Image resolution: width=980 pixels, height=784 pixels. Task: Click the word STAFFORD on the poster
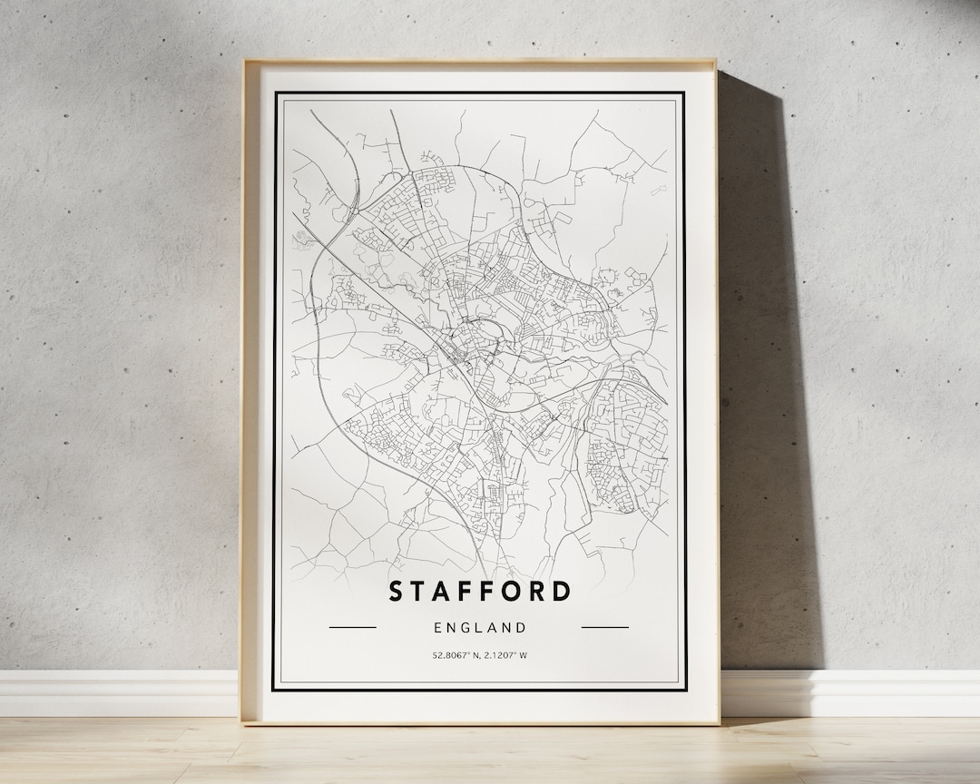(480, 591)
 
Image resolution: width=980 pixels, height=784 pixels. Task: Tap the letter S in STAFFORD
(396, 591)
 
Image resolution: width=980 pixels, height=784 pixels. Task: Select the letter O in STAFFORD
(514, 591)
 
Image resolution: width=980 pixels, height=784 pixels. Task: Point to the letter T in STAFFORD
(418, 591)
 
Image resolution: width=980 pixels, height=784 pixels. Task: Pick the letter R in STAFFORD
(538, 591)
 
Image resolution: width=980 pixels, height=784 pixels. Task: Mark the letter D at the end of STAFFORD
(563, 591)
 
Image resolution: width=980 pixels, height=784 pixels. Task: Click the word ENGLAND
(480, 627)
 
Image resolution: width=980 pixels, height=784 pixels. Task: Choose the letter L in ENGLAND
(480, 627)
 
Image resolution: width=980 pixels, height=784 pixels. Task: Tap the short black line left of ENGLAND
(352, 627)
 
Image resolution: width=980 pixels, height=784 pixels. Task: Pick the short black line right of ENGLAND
(604, 627)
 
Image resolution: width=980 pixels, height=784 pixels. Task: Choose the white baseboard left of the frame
(118, 693)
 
